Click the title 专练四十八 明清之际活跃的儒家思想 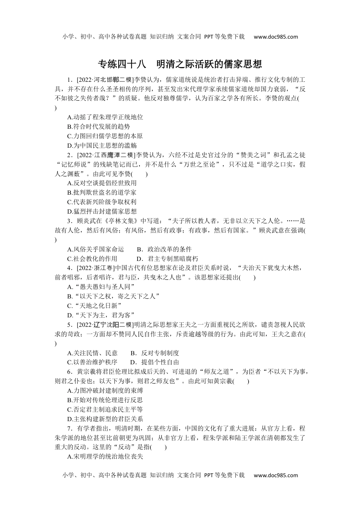point(180,64)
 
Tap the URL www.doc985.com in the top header point(275,37)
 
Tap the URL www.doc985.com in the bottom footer point(275,475)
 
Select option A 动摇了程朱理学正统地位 point(105,117)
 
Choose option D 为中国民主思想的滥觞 point(102,145)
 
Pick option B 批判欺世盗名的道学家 point(102,193)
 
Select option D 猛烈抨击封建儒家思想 point(102,211)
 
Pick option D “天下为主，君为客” point(101,315)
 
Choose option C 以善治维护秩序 point(92,362)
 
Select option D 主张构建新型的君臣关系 point(105,419)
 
